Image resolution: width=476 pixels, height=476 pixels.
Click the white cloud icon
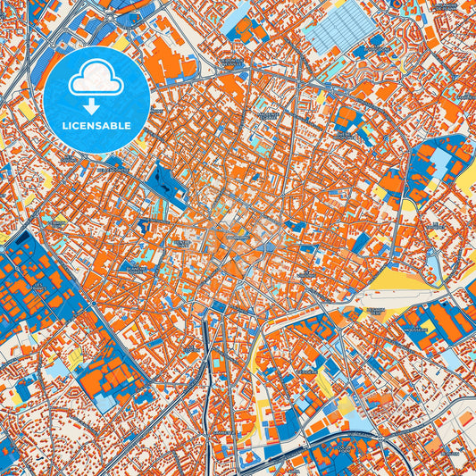coord(96,78)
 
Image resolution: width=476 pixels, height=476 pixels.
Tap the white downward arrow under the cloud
coord(96,88)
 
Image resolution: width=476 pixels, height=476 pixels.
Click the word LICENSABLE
coord(96,124)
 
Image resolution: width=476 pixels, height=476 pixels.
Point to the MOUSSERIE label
coord(414,329)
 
